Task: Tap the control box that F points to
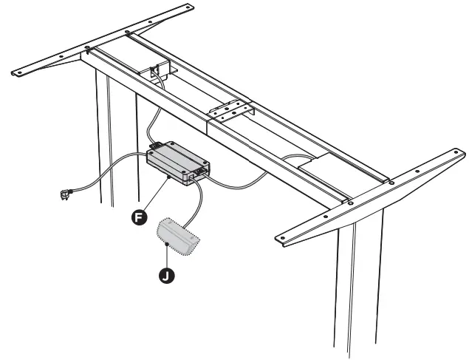point(177,163)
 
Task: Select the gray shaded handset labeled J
point(177,237)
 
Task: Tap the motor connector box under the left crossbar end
point(158,75)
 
